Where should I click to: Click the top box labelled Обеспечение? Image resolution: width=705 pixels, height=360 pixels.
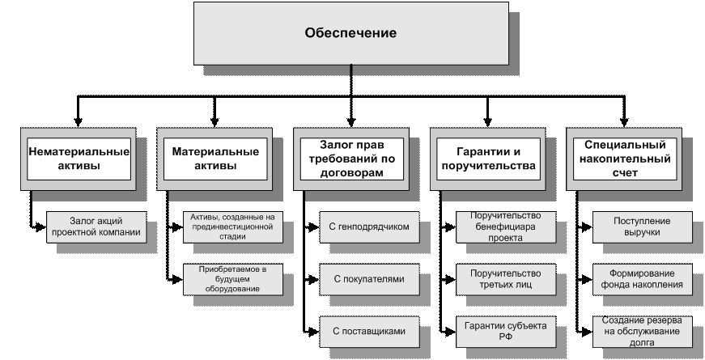tap(350, 33)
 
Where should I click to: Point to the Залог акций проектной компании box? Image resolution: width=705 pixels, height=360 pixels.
tap(96, 227)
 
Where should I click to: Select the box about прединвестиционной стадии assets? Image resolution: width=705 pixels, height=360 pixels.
tap(232, 227)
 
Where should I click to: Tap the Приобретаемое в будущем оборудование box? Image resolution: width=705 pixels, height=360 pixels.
tap(232, 278)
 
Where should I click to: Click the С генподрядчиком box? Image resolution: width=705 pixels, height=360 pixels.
tap(369, 227)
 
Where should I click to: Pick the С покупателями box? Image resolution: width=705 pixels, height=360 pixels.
tap(369, 278)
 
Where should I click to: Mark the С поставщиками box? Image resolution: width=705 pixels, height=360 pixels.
tap(369, 331)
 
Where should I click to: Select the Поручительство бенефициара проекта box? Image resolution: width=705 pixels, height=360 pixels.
tap(506, 227)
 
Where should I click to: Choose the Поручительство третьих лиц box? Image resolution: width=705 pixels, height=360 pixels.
tap(506, 278)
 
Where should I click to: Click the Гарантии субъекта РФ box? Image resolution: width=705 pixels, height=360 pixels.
tap(506, 331)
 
